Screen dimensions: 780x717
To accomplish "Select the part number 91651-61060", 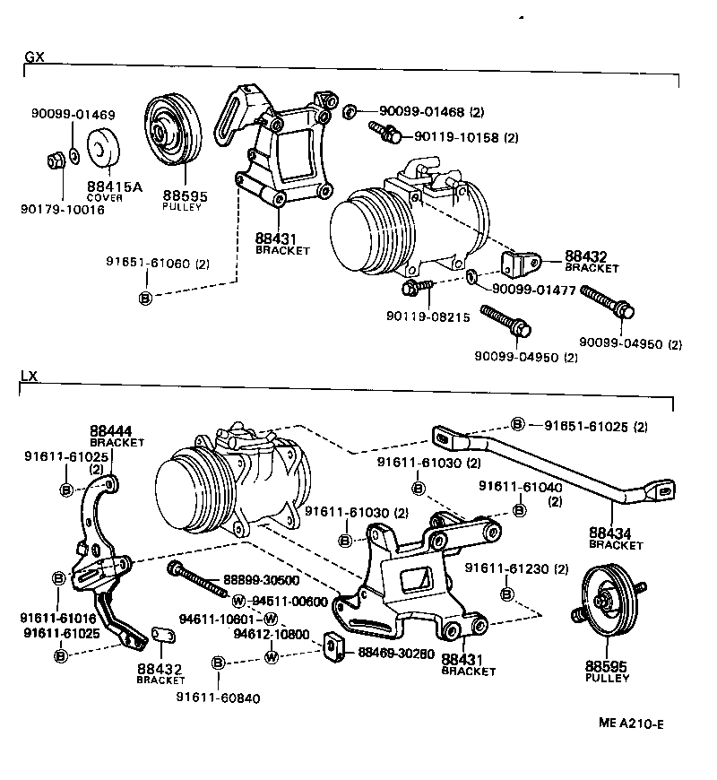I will coord(148,264).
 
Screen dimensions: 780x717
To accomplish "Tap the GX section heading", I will coord(34,56).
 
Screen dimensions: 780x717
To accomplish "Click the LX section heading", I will coord(30,377).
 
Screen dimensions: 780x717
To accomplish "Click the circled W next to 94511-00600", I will coord(238,601).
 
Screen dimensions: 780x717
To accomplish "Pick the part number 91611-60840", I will coord(218,698).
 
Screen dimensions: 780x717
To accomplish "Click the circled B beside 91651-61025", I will coord(517,424).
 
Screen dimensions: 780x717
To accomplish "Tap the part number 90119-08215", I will coord(428,316).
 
